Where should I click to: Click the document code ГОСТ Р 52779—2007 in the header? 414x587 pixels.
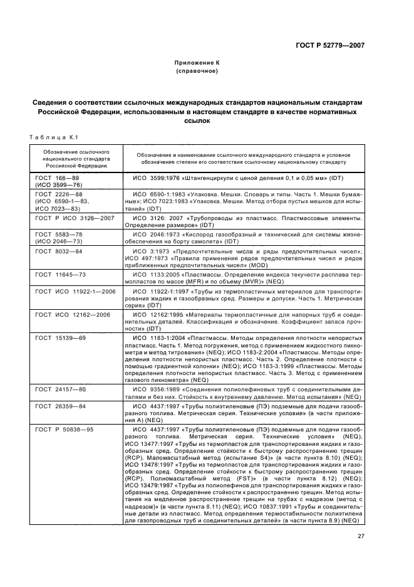tap(338, 45)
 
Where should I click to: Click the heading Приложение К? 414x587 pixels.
tap(197, 63)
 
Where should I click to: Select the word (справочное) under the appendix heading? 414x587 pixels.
tap(197, 71)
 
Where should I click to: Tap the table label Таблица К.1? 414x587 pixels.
tap(53, 137)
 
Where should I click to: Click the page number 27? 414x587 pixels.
tap(361, 535)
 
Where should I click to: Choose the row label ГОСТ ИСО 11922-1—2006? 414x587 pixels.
tap(75, 292)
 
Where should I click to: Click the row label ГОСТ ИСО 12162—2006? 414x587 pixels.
tap(73, 314)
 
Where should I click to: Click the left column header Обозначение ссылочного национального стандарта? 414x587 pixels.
tap(72, 159)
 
